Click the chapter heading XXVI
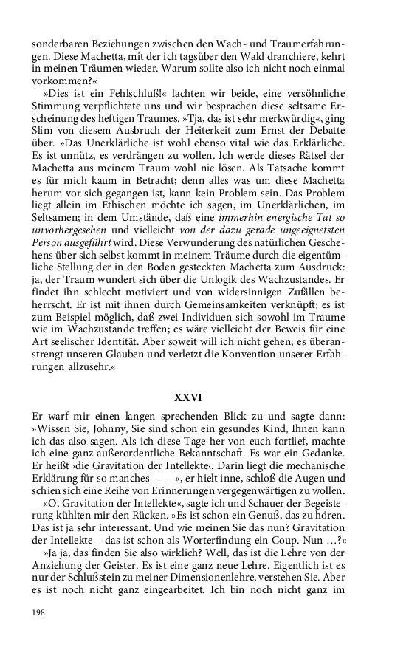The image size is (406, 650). (x=203, y=397)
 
